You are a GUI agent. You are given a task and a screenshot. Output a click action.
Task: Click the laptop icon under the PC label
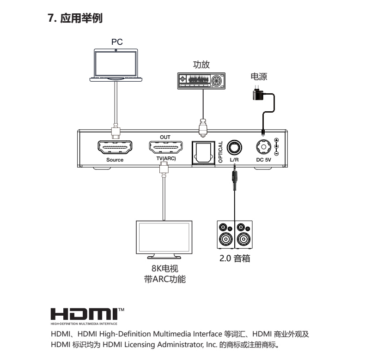[x=116, y=66]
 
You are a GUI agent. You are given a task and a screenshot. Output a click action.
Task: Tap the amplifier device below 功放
[x=201, y=80]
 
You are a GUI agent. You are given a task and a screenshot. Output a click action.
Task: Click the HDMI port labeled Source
[x=115, y=148]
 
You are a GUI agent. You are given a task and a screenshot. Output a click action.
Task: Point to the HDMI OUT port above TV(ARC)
[x=165, y=148]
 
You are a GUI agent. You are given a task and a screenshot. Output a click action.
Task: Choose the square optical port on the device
[x=201, y=151]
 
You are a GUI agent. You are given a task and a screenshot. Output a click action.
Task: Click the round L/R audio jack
[x=234, y=148]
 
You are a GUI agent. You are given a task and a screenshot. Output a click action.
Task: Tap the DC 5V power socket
[x=263, y=148]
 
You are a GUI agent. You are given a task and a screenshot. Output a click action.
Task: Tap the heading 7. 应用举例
[x=75, y=19]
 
